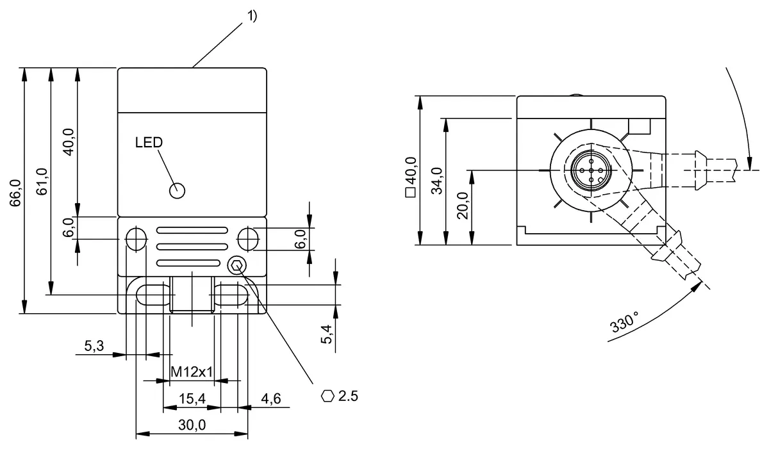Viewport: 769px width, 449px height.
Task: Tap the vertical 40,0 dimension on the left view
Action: coord(69,142)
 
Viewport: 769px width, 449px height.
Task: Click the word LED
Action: coord(149,142)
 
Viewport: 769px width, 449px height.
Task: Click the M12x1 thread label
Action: coord(192,371)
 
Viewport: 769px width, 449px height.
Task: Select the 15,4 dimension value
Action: coord(192,399)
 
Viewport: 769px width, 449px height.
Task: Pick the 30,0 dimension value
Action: coord(192,425)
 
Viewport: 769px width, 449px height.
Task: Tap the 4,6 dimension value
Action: coord(271,399)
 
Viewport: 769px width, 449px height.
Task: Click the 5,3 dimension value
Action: coord(94,347)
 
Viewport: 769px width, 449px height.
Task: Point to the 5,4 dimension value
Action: coord(327,334)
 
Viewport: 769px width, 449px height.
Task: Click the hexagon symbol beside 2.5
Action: coord(327,396)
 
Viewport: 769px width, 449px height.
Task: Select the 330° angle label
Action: coord(625,322)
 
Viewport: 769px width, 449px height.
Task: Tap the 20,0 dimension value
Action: coord(463,205)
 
